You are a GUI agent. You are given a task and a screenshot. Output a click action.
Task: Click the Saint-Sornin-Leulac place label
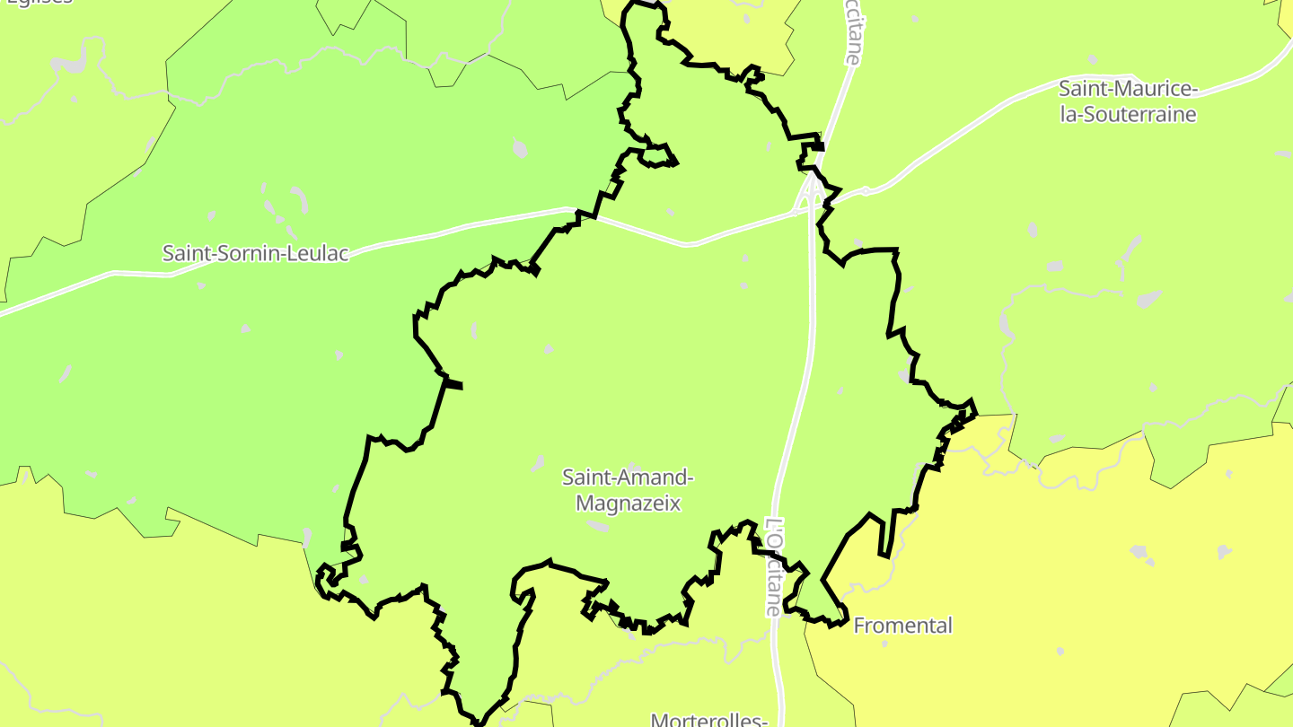point(255,253)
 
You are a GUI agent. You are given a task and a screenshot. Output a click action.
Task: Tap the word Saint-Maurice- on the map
point(1129,89)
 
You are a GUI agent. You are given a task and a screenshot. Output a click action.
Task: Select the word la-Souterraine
point(1129,114)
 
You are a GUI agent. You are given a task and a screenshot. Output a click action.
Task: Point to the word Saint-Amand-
point(629,477)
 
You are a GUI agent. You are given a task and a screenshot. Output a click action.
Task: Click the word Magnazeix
point(629,503)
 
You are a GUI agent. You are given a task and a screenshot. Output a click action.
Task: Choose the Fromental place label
point(902,626)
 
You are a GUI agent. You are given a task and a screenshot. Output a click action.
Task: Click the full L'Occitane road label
point(774,567)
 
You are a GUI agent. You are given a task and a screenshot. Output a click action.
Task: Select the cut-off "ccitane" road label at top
point(851,31)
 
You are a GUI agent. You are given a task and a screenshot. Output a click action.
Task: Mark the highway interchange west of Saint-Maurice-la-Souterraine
point(812,190)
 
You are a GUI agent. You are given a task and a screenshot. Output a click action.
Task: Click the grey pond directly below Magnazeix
point(597,526)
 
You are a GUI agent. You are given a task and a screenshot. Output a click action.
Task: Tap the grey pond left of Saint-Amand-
point(538,463)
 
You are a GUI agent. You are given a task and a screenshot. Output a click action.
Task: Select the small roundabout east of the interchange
point(866,190)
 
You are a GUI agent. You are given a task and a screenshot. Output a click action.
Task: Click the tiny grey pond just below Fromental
point(1060,651)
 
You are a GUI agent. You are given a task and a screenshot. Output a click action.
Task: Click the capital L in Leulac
point(292,253)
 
